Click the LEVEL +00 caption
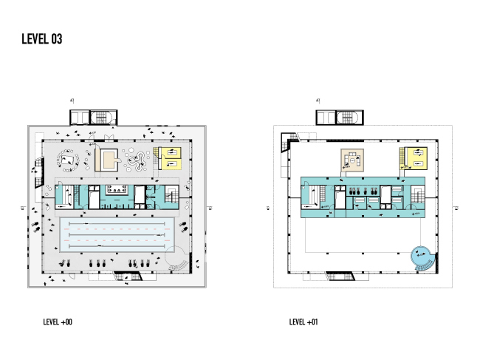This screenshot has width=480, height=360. click(58, 322)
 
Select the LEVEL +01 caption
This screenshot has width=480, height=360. click(304, 322)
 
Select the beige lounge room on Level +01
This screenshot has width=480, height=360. click(353, 159)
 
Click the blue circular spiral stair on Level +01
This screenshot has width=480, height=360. click(422, 257)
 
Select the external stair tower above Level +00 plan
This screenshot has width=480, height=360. click(93, 117)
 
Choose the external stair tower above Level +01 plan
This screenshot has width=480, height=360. click(339, 117)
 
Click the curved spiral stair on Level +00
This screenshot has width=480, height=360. click(179, 259)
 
